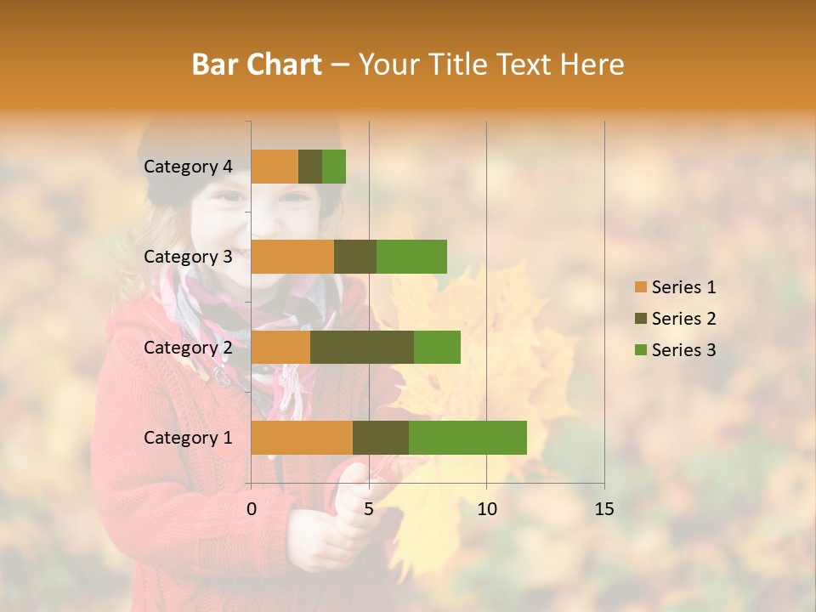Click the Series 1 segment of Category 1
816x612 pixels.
(x=302, y=438)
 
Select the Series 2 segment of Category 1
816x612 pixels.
(x=381, y=438)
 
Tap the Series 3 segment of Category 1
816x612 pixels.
(x=467, y=438)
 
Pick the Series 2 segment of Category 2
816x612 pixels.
(x=362, y=347)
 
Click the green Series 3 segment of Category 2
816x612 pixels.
(x=437, y=347)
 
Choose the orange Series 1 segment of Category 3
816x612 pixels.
(x=292, y=257)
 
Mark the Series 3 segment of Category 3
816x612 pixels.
(x=411, y=257)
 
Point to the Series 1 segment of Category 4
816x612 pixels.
(x=275, y=167)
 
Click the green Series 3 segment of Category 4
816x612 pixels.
(x=334, y=167)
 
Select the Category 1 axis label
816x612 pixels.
(x=188, y=438)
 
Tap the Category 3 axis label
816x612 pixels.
(x=188, y=257)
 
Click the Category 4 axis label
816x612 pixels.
(x=188, y=167)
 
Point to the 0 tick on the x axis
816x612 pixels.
(x=252, y=509)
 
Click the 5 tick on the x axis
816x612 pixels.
(x=369, y=509)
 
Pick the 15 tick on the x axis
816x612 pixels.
(x=603, y=509)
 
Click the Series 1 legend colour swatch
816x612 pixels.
(x=641, y=287)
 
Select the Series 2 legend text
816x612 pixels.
(x=683, y=319)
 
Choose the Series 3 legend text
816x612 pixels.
(x=683, y=350)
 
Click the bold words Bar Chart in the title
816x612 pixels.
(x=257, y=65)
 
